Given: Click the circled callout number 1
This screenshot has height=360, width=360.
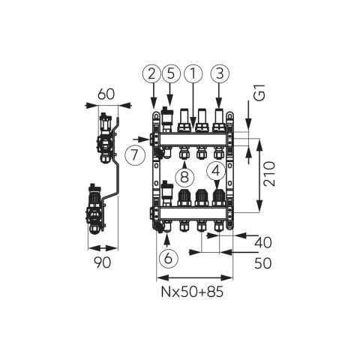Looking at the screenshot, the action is coord(193,73).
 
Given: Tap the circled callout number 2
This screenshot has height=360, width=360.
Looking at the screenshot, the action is coord(151,73).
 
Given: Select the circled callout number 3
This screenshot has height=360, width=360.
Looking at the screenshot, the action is coord(220,73).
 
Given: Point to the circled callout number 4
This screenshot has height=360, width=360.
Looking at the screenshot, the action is coord(216,171).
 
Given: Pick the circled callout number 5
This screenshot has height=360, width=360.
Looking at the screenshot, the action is coord(171,73).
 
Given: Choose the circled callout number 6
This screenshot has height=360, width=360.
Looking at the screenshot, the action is coord(169,257).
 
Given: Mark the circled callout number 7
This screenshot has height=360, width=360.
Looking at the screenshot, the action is coord(135,155).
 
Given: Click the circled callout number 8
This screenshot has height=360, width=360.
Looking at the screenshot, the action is coord(184,177).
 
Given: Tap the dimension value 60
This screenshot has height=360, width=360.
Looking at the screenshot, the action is coord(106,94).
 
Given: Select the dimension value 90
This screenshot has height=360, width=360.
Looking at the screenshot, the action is coord(102,262).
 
